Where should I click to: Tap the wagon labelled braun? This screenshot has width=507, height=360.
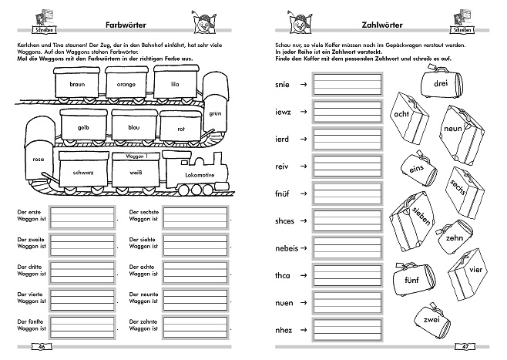76,83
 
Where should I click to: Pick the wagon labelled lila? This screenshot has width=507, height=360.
175,82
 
